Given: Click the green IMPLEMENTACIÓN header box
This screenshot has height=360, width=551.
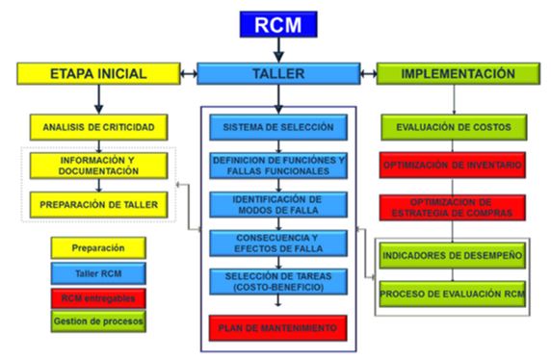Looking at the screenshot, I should pyautogui.click(x=458, y=73).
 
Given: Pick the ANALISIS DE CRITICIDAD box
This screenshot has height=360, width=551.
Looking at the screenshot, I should pyautogui.click(x=98, y=126).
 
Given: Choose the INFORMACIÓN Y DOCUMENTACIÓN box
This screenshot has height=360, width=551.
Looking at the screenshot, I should pyautogui.click(x=98, y=166).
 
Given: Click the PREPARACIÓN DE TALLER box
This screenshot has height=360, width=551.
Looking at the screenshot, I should pyautogui.click(x=98, y=204).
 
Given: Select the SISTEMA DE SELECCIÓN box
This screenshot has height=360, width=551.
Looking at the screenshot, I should pyautogui.click(x=277, y=127).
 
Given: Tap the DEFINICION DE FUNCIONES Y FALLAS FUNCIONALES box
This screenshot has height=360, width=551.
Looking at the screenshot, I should pyautogui.click(x=277, y=165).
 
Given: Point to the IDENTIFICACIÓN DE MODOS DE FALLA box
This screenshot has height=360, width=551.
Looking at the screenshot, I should pyautogui.click(x=277, y=204).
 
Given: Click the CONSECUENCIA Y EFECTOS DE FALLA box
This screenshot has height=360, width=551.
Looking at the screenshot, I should pyautogui.click(x=277, y=244).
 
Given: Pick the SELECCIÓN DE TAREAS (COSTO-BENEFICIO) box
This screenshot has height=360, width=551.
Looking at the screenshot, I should pyautogui.click(x=277, y=282).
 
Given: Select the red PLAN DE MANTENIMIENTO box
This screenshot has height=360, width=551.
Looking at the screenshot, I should pyautogui.click(x=277, y=328).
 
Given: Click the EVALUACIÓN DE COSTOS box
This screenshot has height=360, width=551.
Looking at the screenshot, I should pyautogui.click(x=452, y=126).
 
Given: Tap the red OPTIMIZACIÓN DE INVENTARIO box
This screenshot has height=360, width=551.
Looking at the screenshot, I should pyautogui.click(x=452, y=166).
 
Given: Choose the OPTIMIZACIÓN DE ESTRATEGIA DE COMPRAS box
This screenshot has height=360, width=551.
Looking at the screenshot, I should pyautogui.click(x=452, y=207).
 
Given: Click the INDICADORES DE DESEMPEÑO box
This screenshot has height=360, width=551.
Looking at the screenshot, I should pyautogui.click(x=452, y=255).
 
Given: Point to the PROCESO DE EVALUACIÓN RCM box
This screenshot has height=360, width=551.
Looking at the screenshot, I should pyautogui.click(x=452, y=293).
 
